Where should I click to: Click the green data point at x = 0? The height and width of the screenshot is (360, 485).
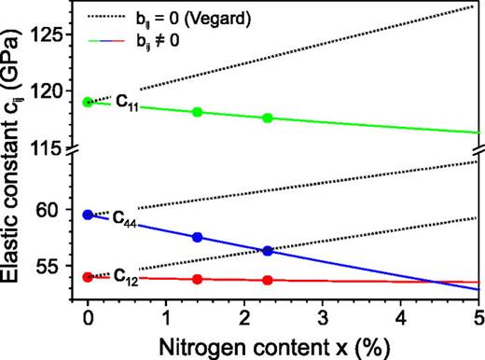pos(88,102)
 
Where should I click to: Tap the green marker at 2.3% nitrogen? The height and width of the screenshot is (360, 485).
pos(268,118)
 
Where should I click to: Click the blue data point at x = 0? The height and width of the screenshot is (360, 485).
pos(88,215)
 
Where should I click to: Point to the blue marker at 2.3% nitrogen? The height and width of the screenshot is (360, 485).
pos(268,250)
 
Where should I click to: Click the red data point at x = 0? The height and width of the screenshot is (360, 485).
pos(88,276)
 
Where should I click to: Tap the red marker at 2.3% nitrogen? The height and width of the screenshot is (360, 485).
pos(268,280)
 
